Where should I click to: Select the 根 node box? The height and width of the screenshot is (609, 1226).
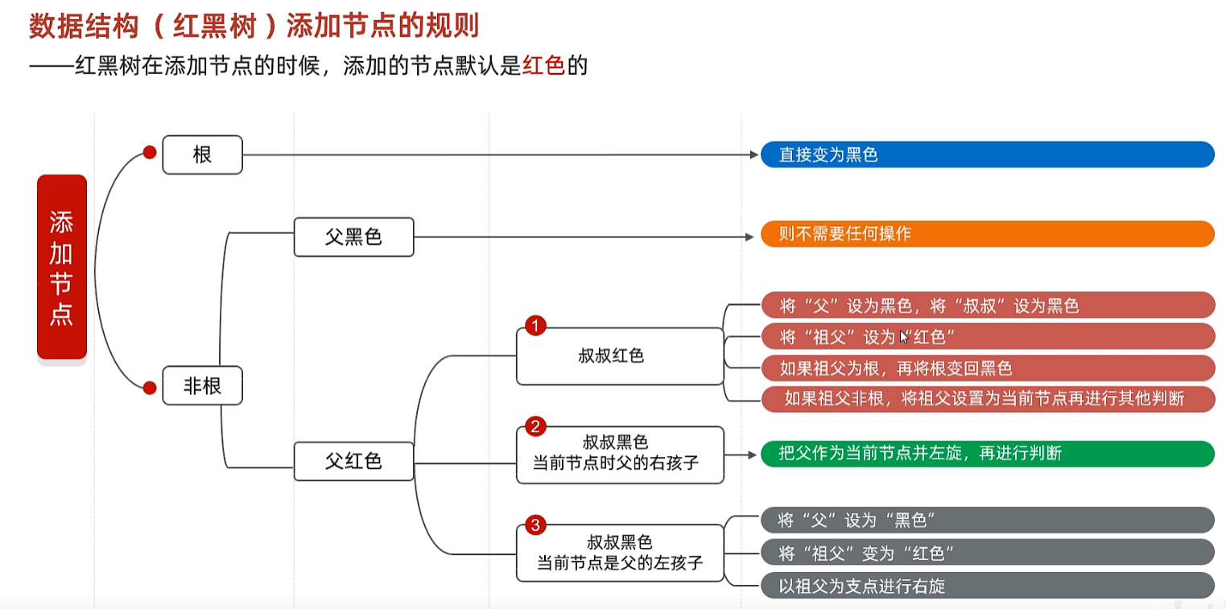202,154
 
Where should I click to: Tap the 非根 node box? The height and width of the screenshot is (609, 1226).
202,386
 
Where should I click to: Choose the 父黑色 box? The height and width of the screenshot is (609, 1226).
353,237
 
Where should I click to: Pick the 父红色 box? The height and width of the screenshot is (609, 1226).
353,461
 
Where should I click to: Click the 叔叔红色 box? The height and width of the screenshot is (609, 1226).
619,356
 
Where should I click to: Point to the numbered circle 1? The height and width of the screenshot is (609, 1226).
535,326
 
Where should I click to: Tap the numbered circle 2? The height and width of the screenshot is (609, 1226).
535,426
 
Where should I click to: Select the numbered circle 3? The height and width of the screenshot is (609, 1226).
535,525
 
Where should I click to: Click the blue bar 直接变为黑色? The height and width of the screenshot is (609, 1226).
987,154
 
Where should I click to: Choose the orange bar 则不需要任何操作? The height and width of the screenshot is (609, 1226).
987,234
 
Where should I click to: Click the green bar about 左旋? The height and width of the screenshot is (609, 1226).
987,454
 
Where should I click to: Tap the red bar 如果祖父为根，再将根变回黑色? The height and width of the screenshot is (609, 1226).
987,368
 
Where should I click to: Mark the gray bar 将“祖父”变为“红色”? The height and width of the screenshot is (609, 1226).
987,553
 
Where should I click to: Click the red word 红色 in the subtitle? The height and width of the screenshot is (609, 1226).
543,65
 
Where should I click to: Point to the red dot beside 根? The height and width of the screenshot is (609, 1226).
149,152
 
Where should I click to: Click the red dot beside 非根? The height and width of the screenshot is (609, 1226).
149,388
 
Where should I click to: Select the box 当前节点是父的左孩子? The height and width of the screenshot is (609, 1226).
619,553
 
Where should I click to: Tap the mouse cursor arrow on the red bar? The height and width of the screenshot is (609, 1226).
904,337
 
